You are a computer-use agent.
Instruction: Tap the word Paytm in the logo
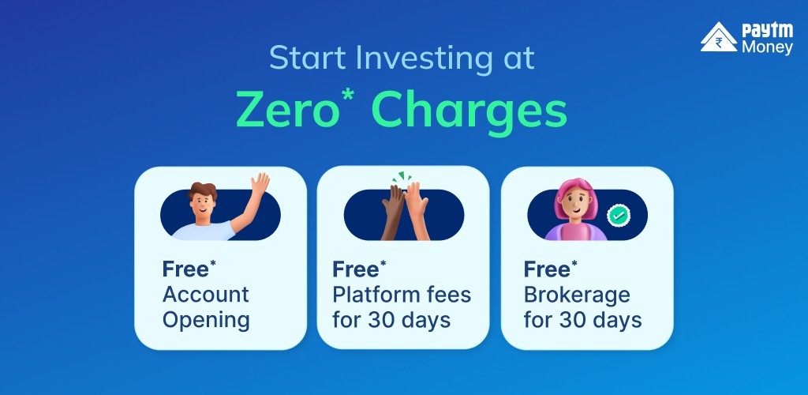(767, 31)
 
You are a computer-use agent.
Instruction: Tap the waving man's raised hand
(260, 183)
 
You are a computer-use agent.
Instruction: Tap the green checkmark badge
(619, 215)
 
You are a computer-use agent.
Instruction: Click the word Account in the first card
(206, 295)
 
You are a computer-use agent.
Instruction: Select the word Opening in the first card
(206, 321)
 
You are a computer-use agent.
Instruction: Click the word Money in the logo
(767, 48)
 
